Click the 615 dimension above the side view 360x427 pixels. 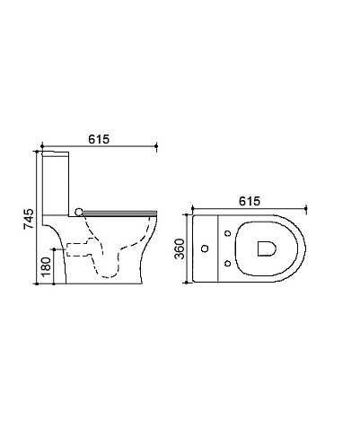tap(99, 139)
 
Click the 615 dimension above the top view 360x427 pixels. tap(250, 201)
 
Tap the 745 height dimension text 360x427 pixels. tap(29, 219)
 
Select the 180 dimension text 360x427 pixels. tap(46, 266)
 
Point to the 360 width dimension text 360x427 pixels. tap(180, 248)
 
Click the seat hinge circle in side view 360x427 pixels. tap(79, 212)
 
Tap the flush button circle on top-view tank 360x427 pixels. tap(205, 248)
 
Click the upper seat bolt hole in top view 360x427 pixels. tap(228, 233)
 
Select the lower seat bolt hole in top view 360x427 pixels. tap(228, 263)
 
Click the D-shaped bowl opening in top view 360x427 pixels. tap(267, 248)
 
